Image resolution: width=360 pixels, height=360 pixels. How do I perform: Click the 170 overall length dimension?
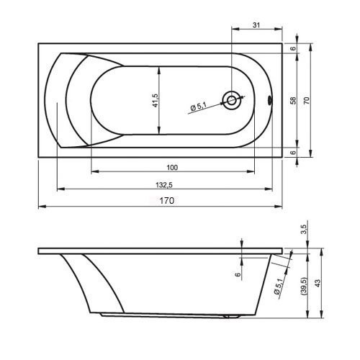click(167, 200)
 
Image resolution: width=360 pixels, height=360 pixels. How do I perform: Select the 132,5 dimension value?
click(164, 185)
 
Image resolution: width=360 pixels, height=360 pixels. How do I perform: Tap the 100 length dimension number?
click(172, 168)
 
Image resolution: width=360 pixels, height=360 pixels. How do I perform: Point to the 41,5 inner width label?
click(156, 100)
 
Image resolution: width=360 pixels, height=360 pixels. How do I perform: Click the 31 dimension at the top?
click(256, 25)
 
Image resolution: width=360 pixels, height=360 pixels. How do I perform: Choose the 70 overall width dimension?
click(307, 100)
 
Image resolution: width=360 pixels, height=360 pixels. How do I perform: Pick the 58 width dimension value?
click(293, 100)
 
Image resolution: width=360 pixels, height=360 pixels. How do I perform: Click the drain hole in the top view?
click(232, 100)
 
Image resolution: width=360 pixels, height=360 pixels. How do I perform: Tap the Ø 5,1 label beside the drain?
click(199, 107)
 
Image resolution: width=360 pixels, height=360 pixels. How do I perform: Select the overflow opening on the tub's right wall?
click(270, 100)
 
